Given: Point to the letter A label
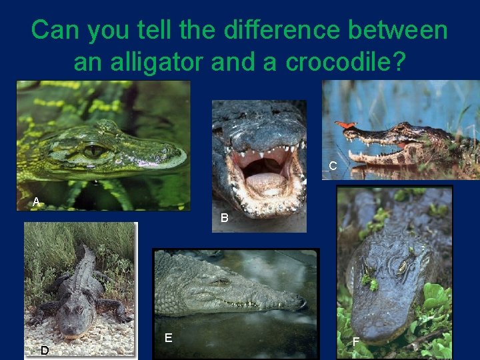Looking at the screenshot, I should click(x=36, y=201).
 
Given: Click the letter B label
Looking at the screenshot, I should click(x=225, y=218).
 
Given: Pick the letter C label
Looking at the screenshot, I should click(x=332, y=166).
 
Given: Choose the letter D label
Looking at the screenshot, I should click(x=44, y=350).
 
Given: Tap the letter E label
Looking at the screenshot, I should click(x=168, y=338).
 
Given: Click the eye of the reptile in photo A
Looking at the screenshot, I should click(x=94, y=151).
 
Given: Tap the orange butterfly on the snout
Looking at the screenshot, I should click(x=346, y=123).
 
